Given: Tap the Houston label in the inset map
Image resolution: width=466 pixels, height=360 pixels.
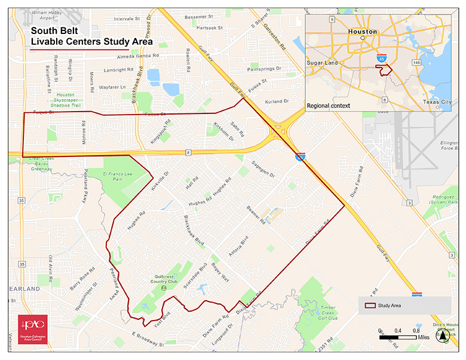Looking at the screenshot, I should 363,32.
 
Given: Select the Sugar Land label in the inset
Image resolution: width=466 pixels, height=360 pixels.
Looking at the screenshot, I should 323,63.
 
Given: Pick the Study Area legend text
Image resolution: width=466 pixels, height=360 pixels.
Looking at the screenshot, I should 390,306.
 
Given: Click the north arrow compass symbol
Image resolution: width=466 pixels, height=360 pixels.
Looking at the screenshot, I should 442,337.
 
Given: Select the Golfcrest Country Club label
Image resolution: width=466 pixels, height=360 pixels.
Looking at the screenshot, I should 168,279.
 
